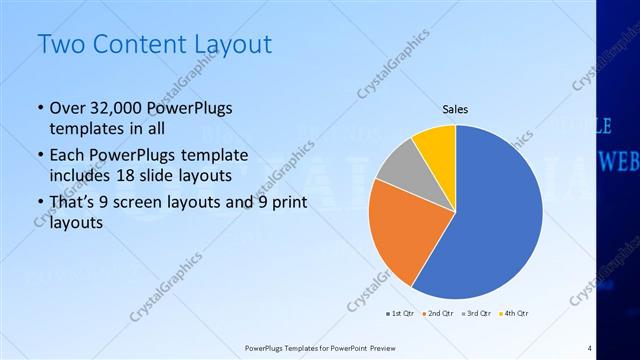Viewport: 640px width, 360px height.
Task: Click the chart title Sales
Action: coord(455,110)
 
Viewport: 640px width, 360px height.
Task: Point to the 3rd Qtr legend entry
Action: coord(475,313)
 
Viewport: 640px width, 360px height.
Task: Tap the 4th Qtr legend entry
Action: coord(510,313)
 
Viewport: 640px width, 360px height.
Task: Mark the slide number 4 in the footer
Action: coord(590,347)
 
